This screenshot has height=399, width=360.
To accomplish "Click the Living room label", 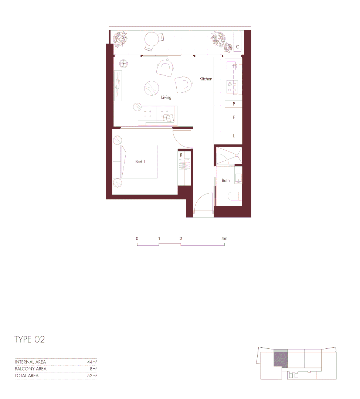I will click(x=166, y=98).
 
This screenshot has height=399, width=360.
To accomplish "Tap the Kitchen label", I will click(x=206, y=79).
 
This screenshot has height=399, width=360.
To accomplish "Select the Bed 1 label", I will click(x=140, y=162).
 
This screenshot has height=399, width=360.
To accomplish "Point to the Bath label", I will click(x=225, y=180).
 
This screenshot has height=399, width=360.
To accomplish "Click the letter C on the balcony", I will click(x=237, y=47).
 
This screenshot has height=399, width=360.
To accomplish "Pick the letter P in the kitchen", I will click(x=234, y=104).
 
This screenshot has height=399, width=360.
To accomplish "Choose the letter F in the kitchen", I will click(x=234, y=117).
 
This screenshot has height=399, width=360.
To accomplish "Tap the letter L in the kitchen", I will click(x=234, y=136).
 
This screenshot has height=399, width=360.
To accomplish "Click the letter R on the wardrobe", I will click(x=181, y=156).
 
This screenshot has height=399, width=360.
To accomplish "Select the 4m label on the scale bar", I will click(x=224, y=239).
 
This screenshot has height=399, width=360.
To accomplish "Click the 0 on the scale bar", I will click(x=137, y=239).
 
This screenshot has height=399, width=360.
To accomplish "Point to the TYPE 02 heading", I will click(x=30, y=340).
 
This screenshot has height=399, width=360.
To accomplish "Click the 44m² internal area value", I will click(x=92, y=362).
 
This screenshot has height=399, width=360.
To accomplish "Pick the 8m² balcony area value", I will click(x=94, y=369).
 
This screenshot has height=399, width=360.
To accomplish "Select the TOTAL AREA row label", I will click(x=27, y=376).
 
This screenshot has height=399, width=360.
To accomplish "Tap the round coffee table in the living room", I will click(x=152, y=88).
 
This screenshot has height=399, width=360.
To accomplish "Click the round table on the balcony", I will click(x=151, y=39).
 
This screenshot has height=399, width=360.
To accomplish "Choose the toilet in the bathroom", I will click(x=234, y=196).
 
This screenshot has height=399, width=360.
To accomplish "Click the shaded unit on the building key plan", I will click(x=281, y=359).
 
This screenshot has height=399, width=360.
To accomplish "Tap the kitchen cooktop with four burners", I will click(x=232, y=87).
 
